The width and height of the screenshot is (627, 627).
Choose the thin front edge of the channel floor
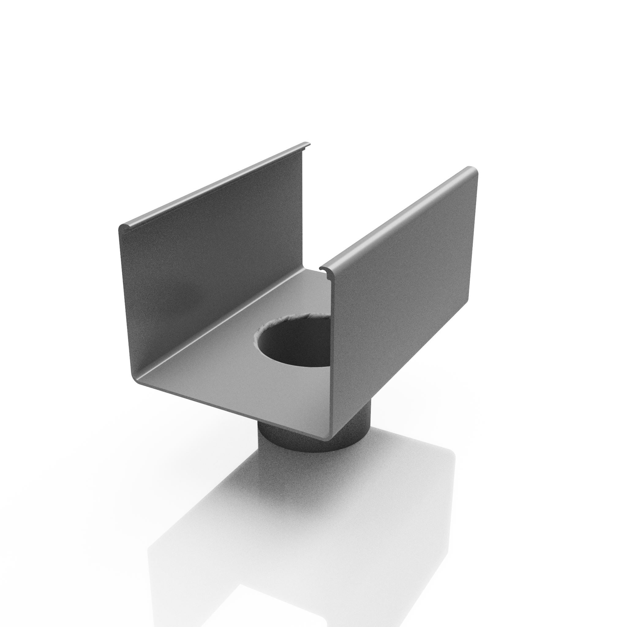(227, 409)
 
